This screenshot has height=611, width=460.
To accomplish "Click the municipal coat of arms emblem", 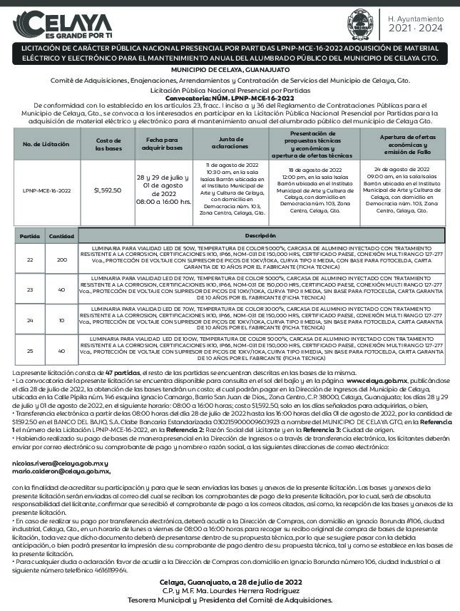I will click(x=360, y=22).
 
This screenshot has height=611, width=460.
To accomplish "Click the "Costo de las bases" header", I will click(x=108, y=144).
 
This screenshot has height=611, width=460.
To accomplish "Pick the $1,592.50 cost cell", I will click(x=108, y=190).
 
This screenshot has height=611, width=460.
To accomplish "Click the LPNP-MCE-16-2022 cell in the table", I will click(x=47, y=190).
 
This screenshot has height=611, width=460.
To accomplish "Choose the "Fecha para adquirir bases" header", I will click(x=164, y=144).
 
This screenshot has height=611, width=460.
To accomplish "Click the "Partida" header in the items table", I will click(x=30, y=235).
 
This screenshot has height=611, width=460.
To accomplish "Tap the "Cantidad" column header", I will click(x=61, y=235).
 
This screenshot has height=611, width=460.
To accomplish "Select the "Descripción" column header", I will click(x=260, y=235).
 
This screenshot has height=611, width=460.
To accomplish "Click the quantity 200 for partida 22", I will click(x=61, y=260).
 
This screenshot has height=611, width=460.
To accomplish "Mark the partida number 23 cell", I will click(x=30, y=289).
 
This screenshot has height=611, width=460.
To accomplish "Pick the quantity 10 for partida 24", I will click(x=61, y=319).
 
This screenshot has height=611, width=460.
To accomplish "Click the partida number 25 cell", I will click(x=30, y=350).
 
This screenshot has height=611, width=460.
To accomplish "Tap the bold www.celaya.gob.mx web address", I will click(x=377, y=382).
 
